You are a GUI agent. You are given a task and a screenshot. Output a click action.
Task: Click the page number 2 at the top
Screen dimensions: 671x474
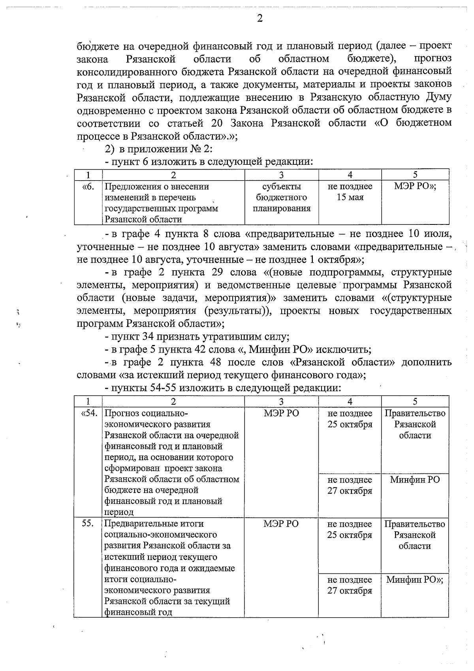point(260,19)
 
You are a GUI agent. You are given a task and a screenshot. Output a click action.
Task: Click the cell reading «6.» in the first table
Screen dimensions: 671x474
point(88,187)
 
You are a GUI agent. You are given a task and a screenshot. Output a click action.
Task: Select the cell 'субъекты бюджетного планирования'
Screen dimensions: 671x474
point(282,197)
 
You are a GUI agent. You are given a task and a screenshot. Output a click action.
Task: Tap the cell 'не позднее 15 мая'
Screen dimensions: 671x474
point(350,192)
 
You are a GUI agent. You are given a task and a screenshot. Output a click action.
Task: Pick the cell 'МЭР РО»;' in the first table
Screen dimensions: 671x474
point(415,187)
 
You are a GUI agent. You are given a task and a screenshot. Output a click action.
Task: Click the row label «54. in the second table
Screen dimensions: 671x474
point(88,413)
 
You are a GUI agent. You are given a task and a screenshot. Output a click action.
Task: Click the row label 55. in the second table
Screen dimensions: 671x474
point(88,524)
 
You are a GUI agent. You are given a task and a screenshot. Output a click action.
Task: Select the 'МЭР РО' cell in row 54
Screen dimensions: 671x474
point(281,413)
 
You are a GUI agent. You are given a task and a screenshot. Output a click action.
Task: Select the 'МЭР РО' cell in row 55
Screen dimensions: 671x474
point(281,524)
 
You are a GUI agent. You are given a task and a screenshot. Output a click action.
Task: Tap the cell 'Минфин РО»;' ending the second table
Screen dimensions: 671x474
point(415,580)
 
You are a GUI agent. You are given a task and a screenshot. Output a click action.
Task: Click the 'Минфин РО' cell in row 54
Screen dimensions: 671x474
point(415,480)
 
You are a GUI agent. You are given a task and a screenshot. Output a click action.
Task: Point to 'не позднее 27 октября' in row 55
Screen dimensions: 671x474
point(350,585)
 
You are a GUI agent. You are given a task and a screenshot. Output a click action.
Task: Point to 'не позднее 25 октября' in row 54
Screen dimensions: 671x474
point(350,419)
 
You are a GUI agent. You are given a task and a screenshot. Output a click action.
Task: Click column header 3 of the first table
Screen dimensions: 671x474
point(281,175)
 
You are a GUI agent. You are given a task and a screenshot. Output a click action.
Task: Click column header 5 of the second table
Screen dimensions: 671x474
point(415,401)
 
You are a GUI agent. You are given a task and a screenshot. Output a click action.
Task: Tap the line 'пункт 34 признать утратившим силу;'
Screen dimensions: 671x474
point(197,337)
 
